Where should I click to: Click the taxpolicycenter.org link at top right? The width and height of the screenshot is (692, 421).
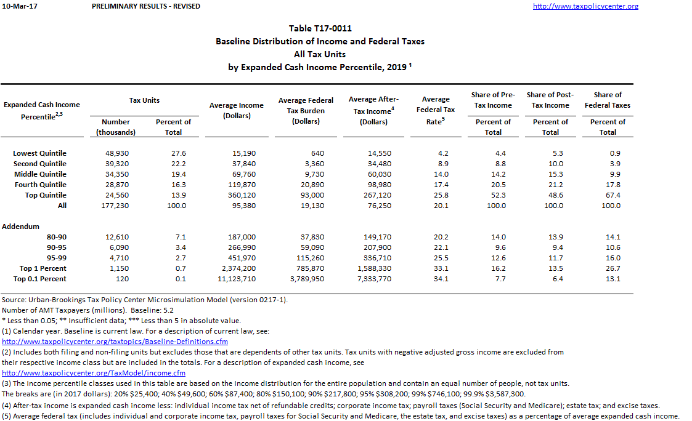(x=585, y=6)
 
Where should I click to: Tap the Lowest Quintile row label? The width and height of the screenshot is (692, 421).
(x=40, y=153)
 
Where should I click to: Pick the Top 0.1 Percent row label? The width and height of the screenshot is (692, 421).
(x=40, y=279)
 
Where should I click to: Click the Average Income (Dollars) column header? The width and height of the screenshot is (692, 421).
(x=237, y=110)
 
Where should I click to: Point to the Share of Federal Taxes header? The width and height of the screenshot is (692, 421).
(x=608, y=100)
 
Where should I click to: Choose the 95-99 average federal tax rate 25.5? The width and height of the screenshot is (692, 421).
(x=442, y=258)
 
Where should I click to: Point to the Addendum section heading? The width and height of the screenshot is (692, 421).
(x=21, y=227)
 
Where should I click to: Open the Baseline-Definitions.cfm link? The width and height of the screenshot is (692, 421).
(x=115, y=342)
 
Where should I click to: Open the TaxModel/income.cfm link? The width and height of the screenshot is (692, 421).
(x=94, y=373)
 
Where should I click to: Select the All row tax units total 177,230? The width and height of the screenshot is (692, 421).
(x=114, y=206)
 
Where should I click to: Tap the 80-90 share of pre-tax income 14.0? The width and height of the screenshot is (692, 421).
(x=499, y=237)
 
